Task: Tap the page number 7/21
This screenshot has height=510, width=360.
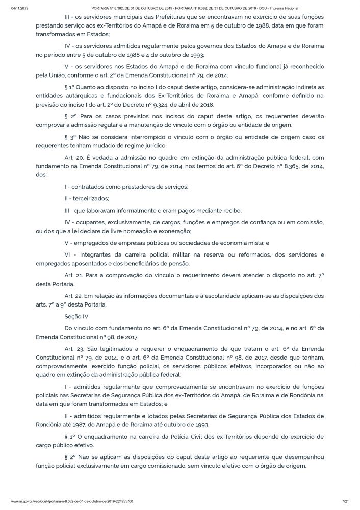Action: [345, 502]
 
